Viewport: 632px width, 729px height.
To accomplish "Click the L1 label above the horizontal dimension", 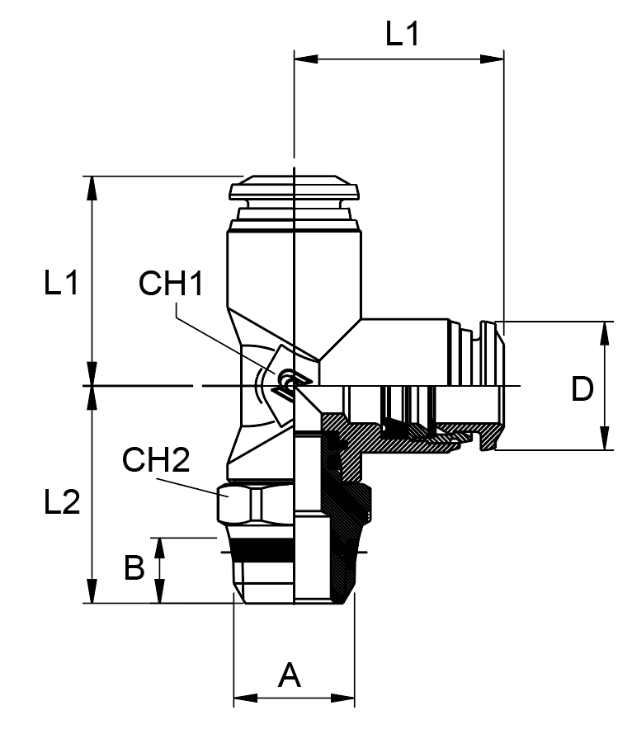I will tap(403, 35).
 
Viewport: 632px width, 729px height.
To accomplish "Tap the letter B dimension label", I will tap(134, 568).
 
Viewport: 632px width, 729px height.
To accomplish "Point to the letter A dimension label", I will tap(289, 675).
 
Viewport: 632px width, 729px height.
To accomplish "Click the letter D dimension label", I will tap(582, 389).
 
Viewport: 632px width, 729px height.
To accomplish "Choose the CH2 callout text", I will tap(157, 460).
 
